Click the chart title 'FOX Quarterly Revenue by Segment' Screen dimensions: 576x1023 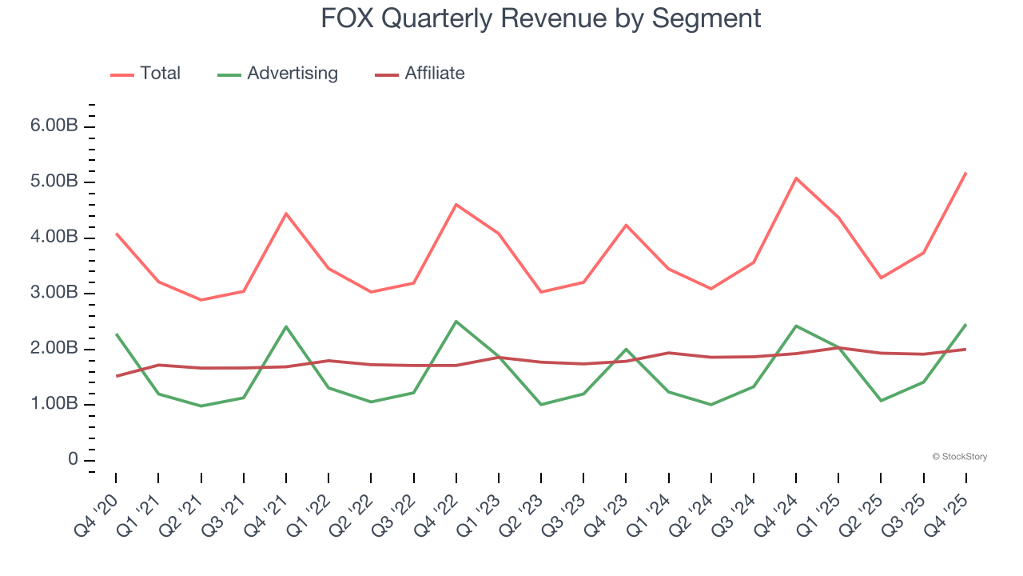pos(540,18)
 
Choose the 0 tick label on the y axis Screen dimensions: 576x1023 pos(73,460)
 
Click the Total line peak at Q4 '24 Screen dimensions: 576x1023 pos(796,178)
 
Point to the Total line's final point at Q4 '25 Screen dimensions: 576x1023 pos(965,173)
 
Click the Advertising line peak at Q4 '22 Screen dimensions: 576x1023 pos(456,322)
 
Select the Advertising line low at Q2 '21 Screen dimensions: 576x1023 pos(201,406)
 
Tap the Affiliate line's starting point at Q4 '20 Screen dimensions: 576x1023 pos(117,376)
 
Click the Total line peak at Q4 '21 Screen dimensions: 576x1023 pos(286,214)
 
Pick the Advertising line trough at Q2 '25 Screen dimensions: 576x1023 pos(881,400)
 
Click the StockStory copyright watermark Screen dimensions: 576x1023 pos(959,457)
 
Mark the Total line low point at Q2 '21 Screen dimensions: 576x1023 pos(201,300)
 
